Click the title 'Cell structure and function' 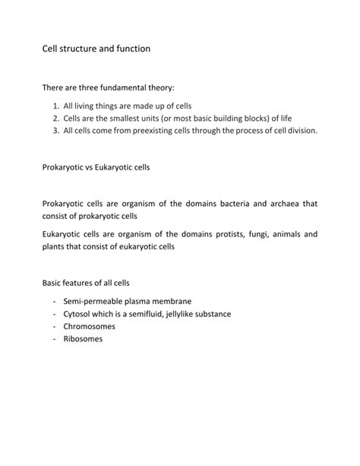coord(96,49)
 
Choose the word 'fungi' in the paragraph coord(254,234)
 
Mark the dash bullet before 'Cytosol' coord(55,313)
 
